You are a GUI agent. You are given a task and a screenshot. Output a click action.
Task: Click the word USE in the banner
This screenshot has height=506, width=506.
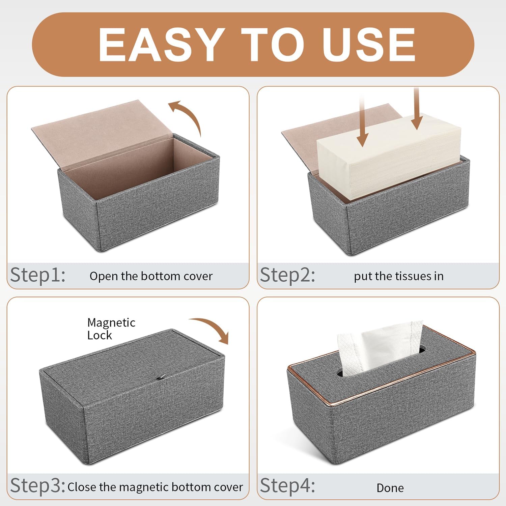[x=369, y=45]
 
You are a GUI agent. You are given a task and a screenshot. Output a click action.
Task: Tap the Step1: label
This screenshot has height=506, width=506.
[x=38, y=275]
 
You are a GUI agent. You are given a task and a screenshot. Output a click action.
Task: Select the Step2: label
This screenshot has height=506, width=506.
[x=287, y=275]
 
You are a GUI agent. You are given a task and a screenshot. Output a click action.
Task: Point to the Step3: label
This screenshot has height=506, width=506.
[x=38, y=486]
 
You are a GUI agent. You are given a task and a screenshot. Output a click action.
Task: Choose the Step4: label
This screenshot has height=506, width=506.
[x=287, y=486]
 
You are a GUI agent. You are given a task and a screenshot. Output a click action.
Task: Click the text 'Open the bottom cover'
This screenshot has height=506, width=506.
[x=151, y=276]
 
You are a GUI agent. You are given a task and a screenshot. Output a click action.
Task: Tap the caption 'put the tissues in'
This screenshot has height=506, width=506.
[x=399, y=276]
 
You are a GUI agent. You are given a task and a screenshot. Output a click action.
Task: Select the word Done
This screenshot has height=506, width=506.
[x=390, y=488]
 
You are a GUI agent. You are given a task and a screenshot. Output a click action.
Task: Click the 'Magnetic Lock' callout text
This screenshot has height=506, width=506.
[x=111, y=329]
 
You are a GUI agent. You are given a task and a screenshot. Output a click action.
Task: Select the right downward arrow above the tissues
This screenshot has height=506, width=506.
[x=417, y=108]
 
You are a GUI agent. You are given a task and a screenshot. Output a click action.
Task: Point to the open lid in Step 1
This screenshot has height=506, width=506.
[x=101, y=135]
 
